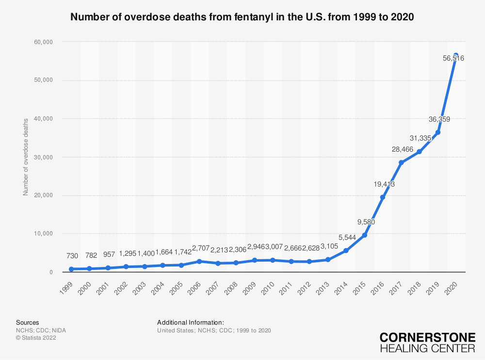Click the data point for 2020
tap(456, 55)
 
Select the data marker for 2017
tap(401, 163)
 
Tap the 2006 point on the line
tap(199, 262)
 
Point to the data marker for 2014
tap(346, 250)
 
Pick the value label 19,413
tap(384, 184)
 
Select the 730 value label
tap(71, 256)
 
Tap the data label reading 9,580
tap(365, 222)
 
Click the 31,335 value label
tap(420, 139)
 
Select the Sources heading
tap(28, 322)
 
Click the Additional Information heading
tap(191, 322)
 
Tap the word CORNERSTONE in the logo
tap(427, 338)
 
